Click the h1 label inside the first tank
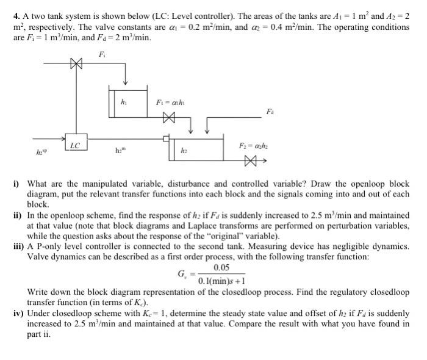coord(124,101)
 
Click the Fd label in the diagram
coord(270,112)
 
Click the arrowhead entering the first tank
coord(125,84)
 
